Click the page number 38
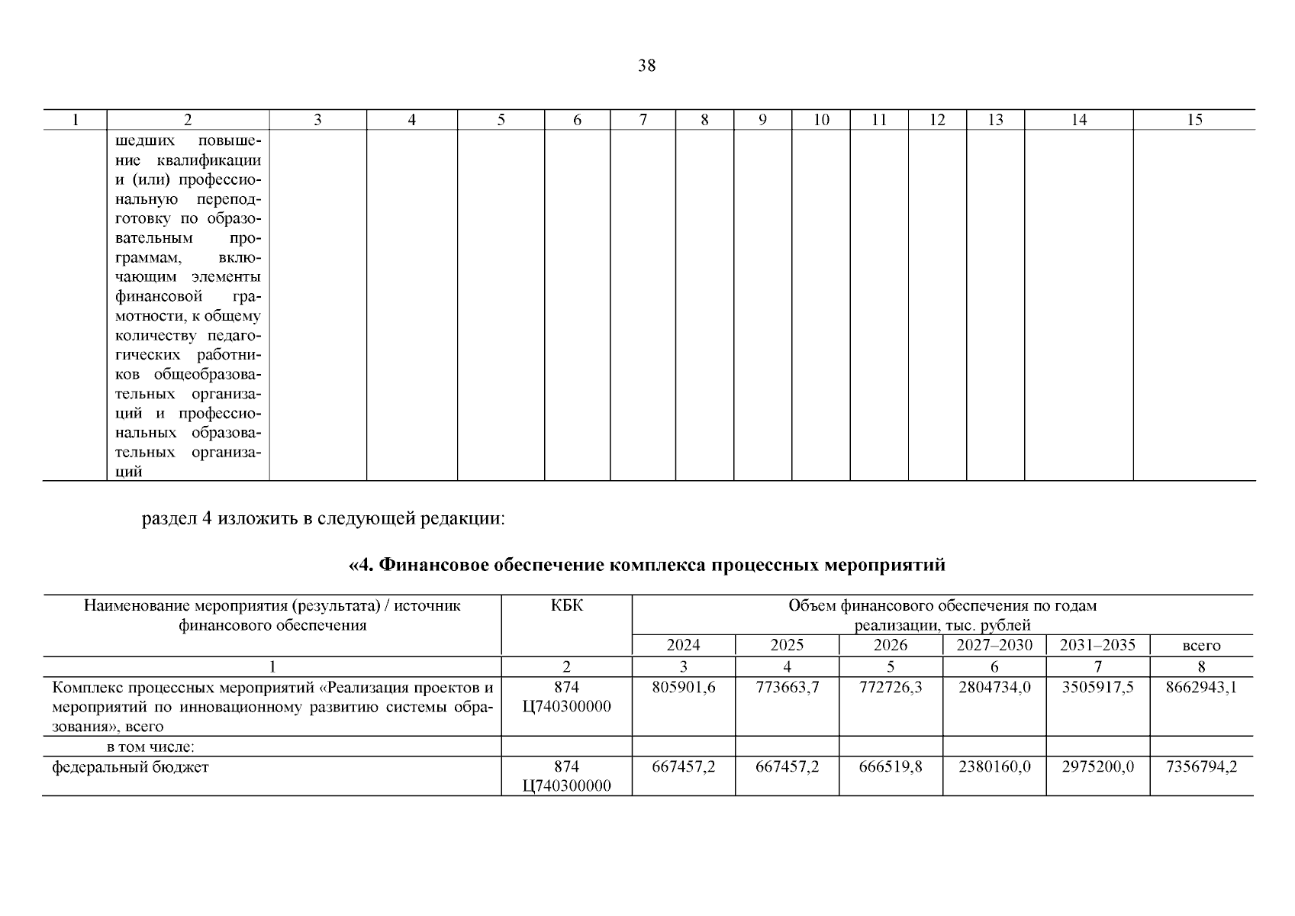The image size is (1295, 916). (646, 66)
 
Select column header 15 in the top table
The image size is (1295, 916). (1194, 120)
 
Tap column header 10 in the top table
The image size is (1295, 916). (821, 120)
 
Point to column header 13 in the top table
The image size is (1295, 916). (995, 120)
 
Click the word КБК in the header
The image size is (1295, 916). (566, 606)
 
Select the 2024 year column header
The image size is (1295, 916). (683, 645)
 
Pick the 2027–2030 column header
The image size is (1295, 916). (994, 645)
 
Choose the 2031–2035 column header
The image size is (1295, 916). (1097, 645)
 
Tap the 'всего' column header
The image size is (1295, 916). (1201, 646)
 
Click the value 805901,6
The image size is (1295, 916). (684, 687)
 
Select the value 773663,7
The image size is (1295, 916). (787, 687)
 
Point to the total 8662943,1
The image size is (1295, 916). (1201, 687)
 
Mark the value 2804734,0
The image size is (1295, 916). (994, 687)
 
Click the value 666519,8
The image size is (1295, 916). (891, 766)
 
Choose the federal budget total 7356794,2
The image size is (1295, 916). (1201, 766)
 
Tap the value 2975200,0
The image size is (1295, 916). (1097, 766)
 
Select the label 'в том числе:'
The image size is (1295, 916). (150, 747)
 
